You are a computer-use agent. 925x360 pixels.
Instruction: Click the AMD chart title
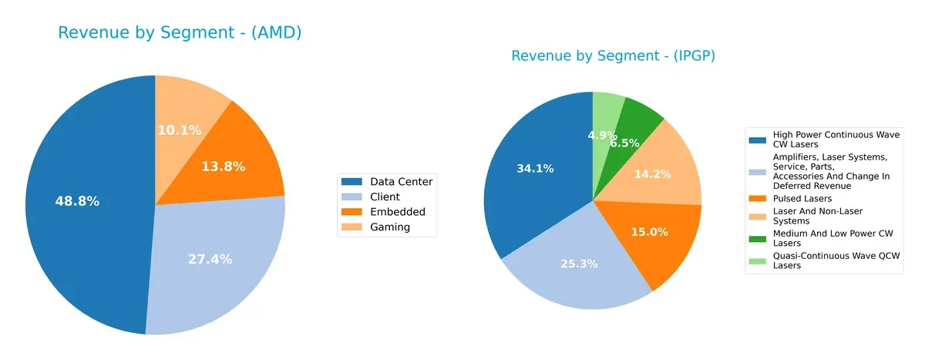tap(180, 32)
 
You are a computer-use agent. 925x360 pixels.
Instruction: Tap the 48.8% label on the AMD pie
tap(77, 201)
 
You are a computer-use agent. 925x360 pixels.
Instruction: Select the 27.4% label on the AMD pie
tap(210, 259)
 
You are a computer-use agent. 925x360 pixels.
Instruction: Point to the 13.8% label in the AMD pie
tap(223, 166)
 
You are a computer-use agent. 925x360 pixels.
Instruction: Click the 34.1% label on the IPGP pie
tap(535, 168)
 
